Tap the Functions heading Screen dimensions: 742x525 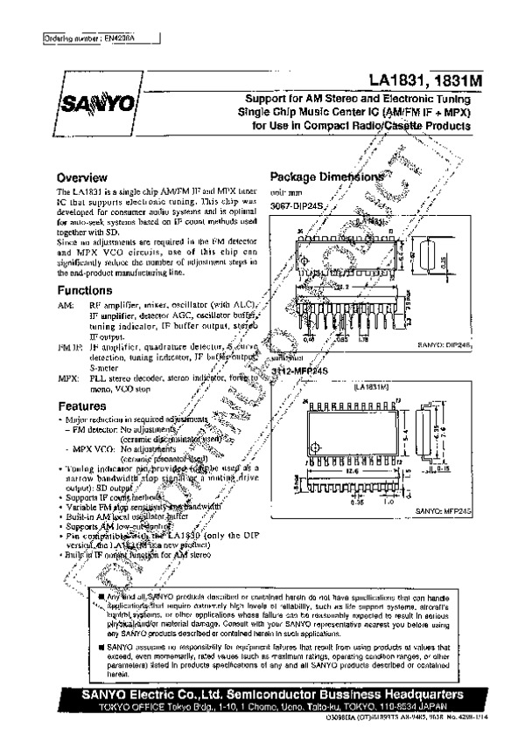[x=84, y=289]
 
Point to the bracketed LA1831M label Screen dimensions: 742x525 [x=375, y=385]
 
